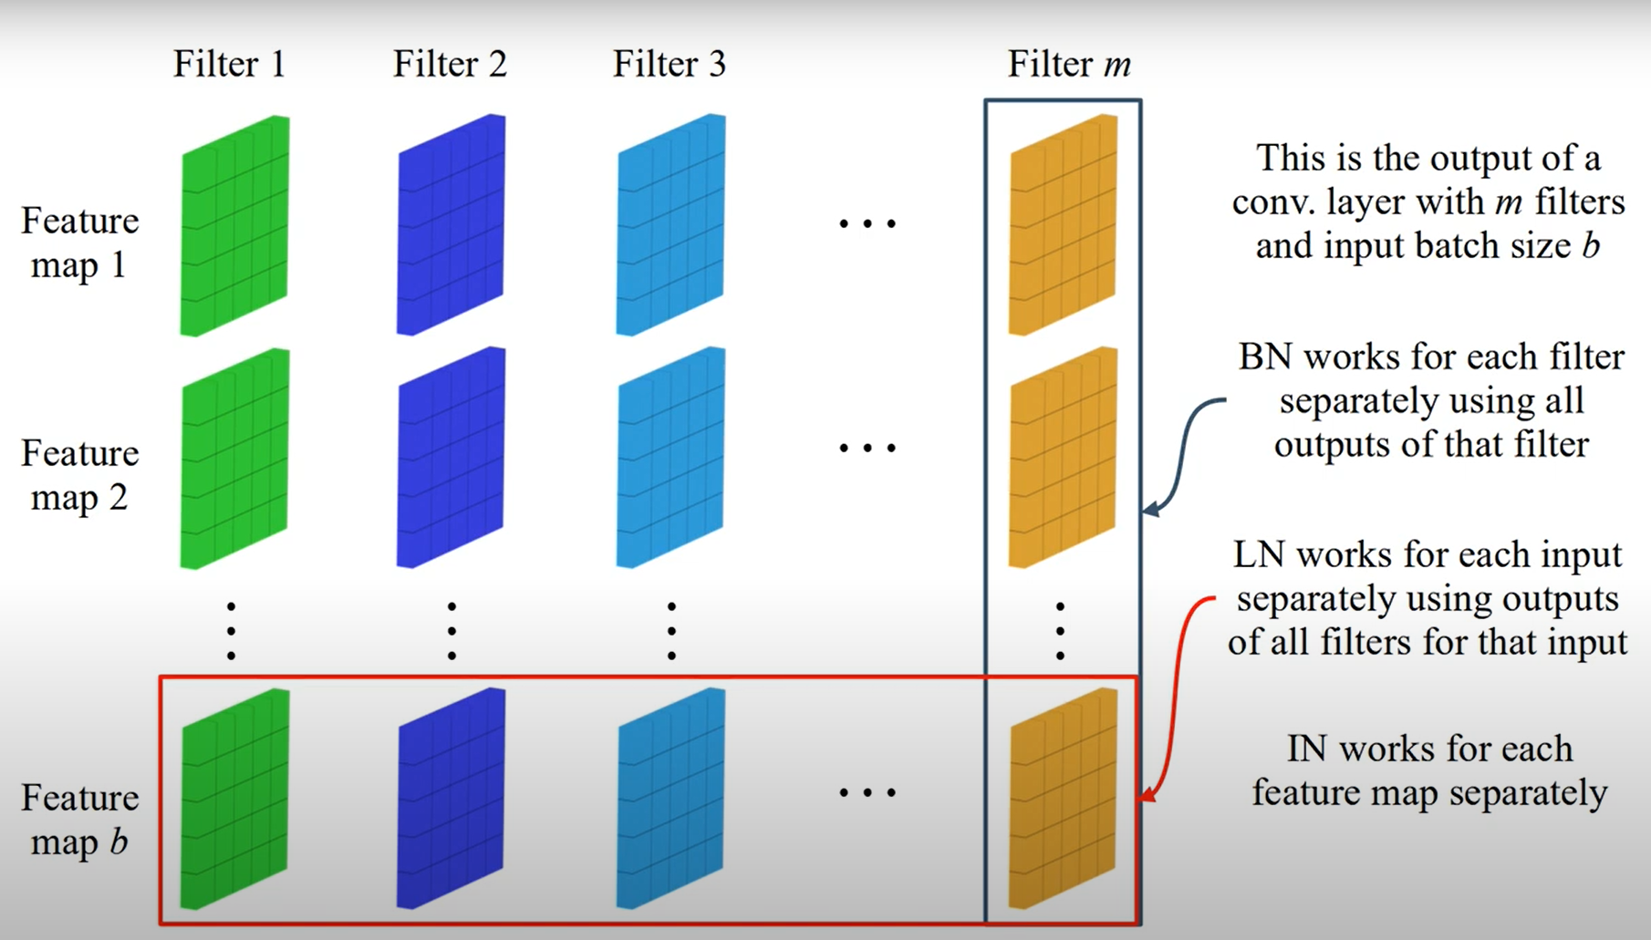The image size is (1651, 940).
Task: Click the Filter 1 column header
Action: pos(230,65)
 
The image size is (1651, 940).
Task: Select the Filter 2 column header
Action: pos(450,65)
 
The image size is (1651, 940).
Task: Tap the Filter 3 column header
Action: pos(670,65)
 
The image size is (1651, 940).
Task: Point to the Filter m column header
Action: pos(1069,65)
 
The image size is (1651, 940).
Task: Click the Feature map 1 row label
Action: pos(79,243)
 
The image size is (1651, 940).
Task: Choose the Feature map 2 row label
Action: pos(79,475)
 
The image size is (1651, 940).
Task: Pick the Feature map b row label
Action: pos(79,820)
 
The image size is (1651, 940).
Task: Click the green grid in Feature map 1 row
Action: pos(234,225)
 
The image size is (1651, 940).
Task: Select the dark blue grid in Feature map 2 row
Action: pos(451,457)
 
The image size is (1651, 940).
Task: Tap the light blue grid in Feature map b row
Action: pos(670,799)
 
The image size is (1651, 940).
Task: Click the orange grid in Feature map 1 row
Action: pos(1063,225)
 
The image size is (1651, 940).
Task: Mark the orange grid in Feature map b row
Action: pos(1063,799)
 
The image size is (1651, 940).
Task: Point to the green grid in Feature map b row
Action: pos(234,799)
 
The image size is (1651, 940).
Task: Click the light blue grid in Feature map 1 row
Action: pos(670,225)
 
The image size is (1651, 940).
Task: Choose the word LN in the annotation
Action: pos(1258,555)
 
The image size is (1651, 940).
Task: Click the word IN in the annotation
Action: pos(1305,749)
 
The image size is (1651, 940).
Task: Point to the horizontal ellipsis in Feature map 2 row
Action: pos(867,448)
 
